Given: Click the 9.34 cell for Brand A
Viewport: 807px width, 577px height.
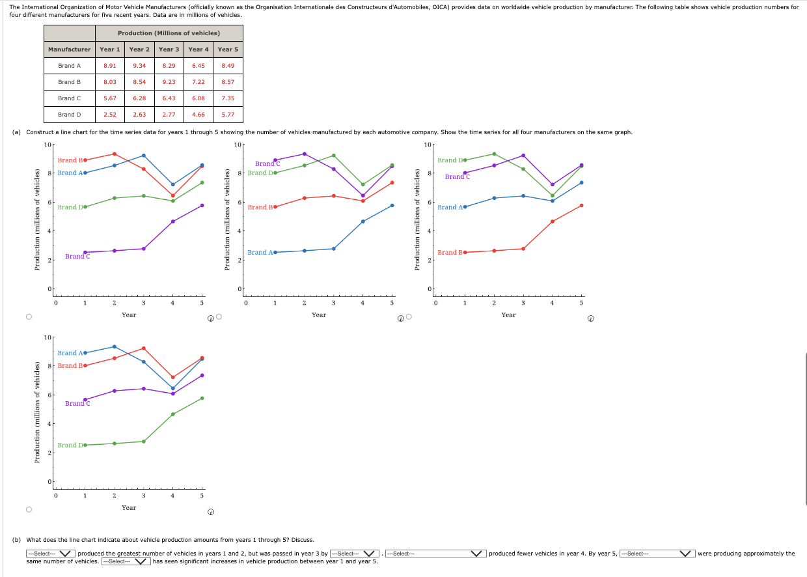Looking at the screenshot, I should point(139,66).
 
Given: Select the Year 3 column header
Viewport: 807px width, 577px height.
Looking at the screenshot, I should point(169,49).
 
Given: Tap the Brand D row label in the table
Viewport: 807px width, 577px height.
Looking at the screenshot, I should point(70,115).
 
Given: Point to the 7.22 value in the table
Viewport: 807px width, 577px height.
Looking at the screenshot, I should point(198,82).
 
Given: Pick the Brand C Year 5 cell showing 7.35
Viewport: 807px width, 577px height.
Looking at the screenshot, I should point(228,98).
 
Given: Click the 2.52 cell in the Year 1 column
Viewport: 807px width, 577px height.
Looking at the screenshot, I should point(110,115).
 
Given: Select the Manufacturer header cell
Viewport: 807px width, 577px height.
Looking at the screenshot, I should point(70,49).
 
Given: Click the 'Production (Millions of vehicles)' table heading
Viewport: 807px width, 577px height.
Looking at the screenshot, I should point(169,33).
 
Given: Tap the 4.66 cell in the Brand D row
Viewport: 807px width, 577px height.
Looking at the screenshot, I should point(198,115).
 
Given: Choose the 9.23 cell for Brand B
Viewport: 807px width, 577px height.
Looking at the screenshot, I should point(169,82).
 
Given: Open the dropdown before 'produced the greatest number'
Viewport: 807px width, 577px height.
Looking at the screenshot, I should point(51,554).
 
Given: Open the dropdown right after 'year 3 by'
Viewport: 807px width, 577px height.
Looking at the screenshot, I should point(355,554).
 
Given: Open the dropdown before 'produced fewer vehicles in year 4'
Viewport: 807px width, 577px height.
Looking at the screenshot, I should point(435,554).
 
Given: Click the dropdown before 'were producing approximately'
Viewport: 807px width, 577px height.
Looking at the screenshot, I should point(657,554).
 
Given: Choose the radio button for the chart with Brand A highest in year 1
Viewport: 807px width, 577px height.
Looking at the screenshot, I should point(29,510).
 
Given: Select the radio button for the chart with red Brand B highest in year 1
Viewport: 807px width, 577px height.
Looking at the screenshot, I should point(29,317).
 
